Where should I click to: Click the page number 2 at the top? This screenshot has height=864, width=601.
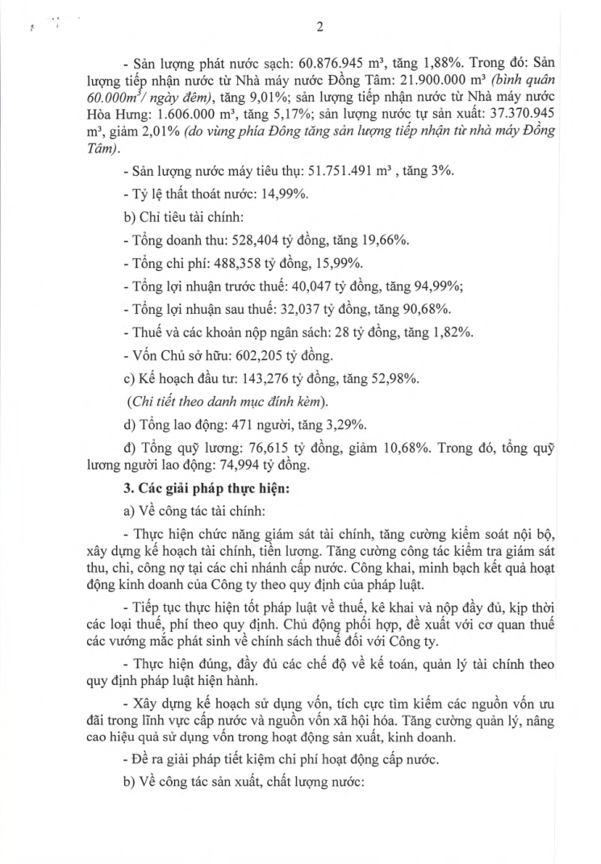[x=319, y=26]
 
